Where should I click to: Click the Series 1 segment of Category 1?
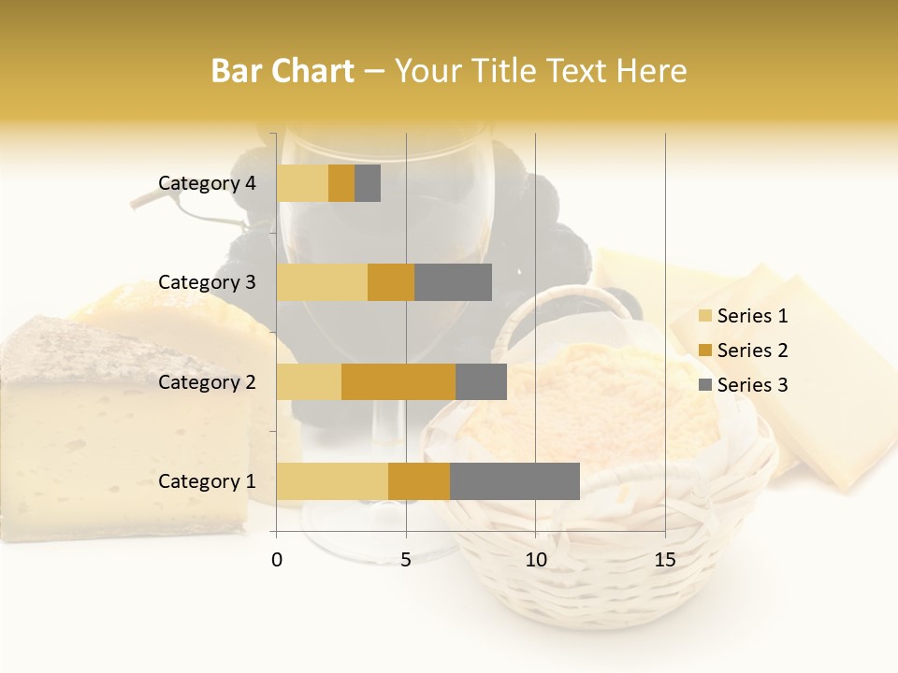pyautogui.click(x=332, y=481)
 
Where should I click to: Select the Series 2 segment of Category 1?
pyautogui.click(x=419, y=481)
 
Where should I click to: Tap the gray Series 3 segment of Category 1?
pyautogui.click(x=514, y=481)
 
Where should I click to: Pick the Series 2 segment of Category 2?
pyautogui.click(x=398, y=381)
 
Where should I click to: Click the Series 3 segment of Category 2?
pyautogui.click(x=481, y=381)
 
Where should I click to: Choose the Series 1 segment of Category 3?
pyautogui.click(x=322, y=282)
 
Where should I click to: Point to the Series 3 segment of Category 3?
pyautogui.click(x=453, y=282)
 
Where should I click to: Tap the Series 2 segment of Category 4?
pyautogui.click(x=341, y=183)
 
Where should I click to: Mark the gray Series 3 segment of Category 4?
pyautogui.click(x=368, y=183)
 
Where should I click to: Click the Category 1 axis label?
pyautogui.click(x=207, y=481)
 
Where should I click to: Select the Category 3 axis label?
pyautogui.click(x=207, y=282)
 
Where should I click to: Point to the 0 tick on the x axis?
pyautogui.click(x=277, y=560)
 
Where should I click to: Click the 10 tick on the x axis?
pyautogui.click(x=535, y=560)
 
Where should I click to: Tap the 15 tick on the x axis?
pyautogui.click(x=665, y=560)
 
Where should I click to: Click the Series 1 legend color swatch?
pyautogui.click(x=704, y=316)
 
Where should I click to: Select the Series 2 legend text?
pyautogui.click(x=752, y=351)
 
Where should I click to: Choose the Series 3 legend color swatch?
pyautogui.click(x=704, y=385)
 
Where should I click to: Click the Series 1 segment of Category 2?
pyautogui.click(x=309, y=381)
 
